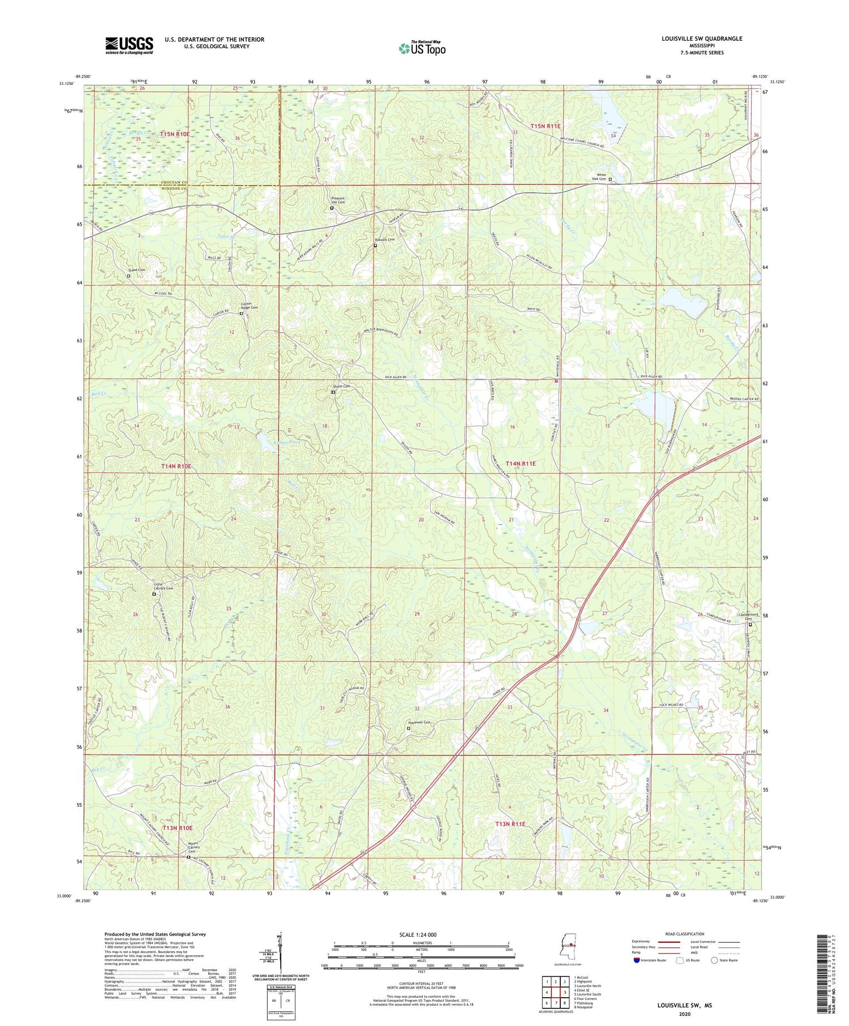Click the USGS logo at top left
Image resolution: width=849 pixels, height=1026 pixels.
[x=129, y=45]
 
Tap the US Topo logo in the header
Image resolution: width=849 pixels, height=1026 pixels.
[x=422, y=48]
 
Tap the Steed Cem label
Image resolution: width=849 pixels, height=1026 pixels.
[x=136, y=270]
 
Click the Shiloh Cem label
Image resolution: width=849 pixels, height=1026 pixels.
[x=341, y=386]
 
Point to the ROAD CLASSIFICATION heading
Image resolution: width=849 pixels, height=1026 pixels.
[x=684, y=934]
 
